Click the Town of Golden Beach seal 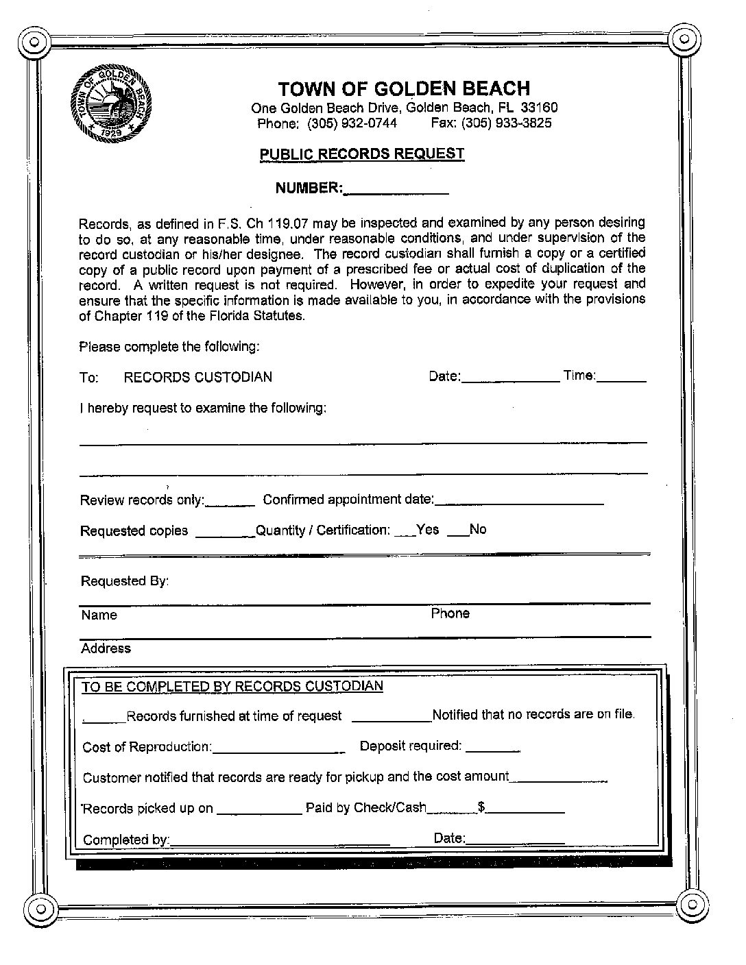click(x=110, y=103)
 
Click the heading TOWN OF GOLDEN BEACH click(x=403, y=88)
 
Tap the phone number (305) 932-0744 click(x=352, y=123)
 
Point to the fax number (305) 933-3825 click(x=506, y=123)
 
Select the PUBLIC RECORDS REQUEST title click(x=361, y=154)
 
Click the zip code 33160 click(x=539, y=108)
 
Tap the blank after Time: click(x=622, y=377)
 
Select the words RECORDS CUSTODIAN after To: click(x=197, y=377)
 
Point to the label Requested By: click(x=125, y=581)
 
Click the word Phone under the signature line click(x=450, y=613)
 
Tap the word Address click(x=106, y=648)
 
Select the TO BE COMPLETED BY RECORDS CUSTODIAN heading click(x=232, y=686)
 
